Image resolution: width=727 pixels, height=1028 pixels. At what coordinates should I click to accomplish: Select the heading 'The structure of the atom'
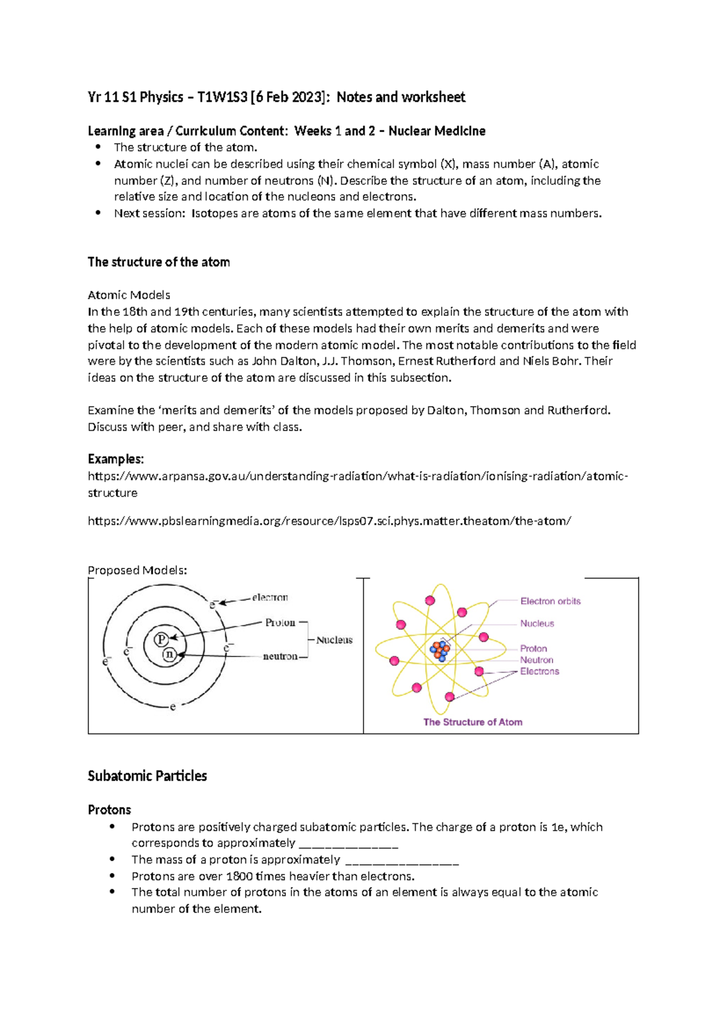tap(159, 262)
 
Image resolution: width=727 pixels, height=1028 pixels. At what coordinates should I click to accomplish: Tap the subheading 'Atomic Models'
tap(129, 295)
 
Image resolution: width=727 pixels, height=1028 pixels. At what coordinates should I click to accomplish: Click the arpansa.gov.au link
tap(357, 476)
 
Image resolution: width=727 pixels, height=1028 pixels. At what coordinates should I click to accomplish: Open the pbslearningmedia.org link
tap(329, 521)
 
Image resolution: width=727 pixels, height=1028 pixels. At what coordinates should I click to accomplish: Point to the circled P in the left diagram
tap(161, 639)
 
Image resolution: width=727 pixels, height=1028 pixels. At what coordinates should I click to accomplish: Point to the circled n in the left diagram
tap(170, 655)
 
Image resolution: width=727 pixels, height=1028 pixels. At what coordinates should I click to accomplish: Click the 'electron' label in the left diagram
tap(270, 598)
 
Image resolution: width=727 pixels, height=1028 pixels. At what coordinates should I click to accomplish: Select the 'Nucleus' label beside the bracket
tap(334, 640)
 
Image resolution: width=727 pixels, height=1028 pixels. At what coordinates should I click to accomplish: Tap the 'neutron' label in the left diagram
tap(280, 656)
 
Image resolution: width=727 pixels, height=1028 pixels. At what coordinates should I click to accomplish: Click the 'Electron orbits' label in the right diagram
tap(550, 601)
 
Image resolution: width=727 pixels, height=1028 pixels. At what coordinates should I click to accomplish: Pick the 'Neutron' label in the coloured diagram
tap(536, 660)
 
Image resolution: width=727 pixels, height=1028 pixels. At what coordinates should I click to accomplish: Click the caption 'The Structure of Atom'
tap(473, 722)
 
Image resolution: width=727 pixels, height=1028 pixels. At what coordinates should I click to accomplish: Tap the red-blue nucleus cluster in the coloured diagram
tap(440, 650)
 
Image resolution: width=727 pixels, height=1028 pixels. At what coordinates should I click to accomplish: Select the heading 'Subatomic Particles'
tap(147, 776)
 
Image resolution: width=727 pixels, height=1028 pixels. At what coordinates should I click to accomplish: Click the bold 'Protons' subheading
tap(110, 810)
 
